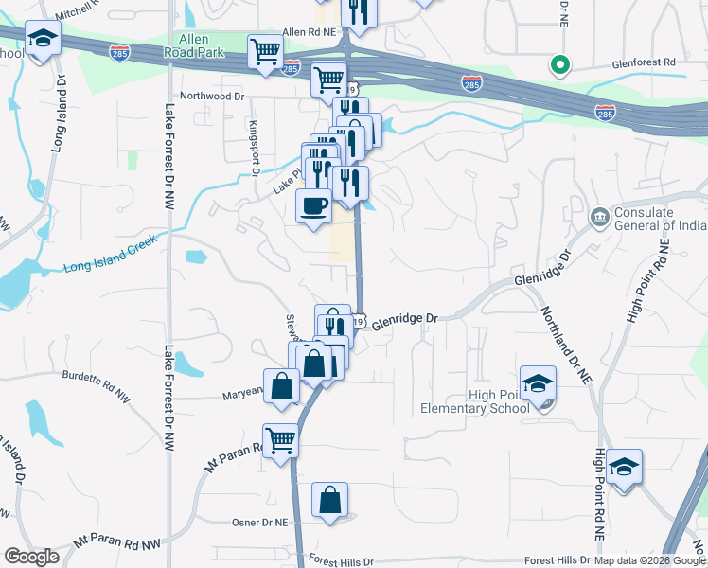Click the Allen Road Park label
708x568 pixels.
pos(202,45)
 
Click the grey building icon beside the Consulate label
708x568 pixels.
pos(599,218)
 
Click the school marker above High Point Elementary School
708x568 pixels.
pos(538,383)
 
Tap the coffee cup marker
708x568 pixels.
pos(314,204)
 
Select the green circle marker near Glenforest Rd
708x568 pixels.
pos(559,65)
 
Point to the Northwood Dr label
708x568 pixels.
pos(212,96)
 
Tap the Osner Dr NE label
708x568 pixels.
pos(259,523)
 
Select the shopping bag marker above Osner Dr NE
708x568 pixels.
pos(329,500)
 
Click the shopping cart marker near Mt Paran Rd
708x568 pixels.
pos(280,439)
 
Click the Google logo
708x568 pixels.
pos(31,557)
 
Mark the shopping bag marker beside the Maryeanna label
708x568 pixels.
pos(282,386)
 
